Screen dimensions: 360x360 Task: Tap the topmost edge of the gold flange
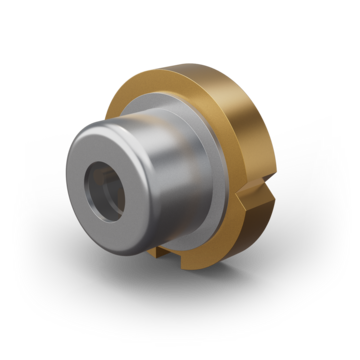[x=190, y=67]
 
